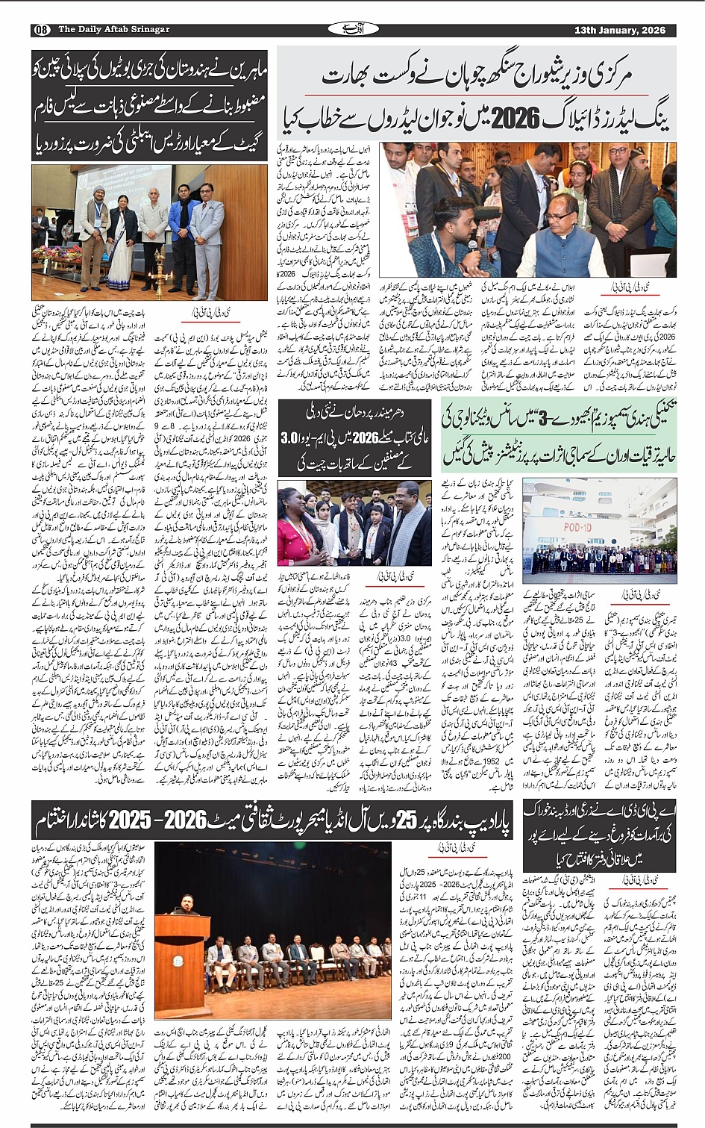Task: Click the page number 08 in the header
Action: coord(41,30)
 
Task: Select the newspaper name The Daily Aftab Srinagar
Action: coord(113,30)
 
